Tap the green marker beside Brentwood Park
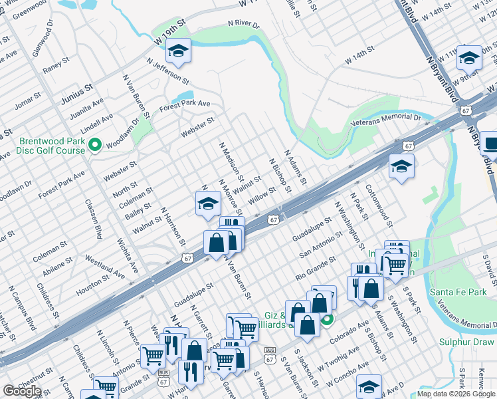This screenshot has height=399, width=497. tap(95, 144)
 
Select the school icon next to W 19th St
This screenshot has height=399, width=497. tap(177, 50)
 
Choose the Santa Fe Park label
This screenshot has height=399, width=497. tap(458, 292)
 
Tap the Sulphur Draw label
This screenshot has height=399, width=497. tap(467, 342)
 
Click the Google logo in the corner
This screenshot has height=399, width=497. tap(22, 391)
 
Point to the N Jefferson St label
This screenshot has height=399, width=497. tap(167, 70)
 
